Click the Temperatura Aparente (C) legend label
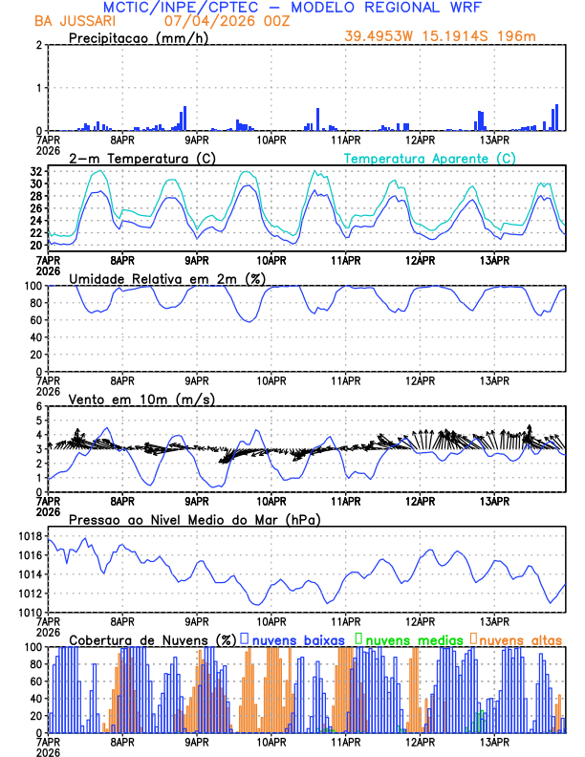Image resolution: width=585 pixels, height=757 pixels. [429, 158]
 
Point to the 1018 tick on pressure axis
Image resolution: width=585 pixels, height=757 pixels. [31, 537]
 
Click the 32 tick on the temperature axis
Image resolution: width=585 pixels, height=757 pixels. [36, 184]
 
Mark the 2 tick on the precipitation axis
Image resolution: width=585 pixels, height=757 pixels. [38, 46]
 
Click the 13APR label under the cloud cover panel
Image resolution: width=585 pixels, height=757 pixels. [493, 742]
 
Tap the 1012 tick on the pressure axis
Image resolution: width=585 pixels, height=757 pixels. [31, 594]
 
